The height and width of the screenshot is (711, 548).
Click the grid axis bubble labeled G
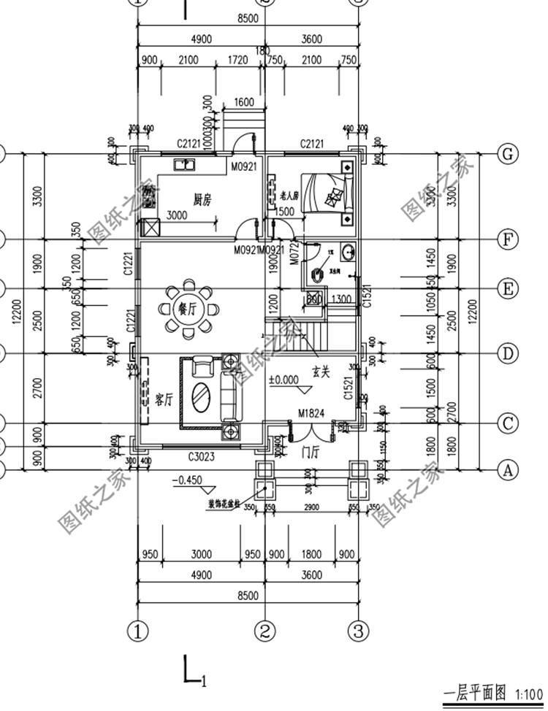pos(506,154)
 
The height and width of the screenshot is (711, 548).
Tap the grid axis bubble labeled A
pos(506,470)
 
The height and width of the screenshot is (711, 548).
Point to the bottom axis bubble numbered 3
pos(358,630)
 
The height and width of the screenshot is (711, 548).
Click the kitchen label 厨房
pos(202,199)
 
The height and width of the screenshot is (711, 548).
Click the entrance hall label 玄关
pos(321,372)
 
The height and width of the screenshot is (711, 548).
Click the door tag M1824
pos(311,415)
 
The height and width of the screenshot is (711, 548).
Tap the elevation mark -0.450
pos(188,481)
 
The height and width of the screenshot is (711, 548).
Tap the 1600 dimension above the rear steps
pos(244,103)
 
